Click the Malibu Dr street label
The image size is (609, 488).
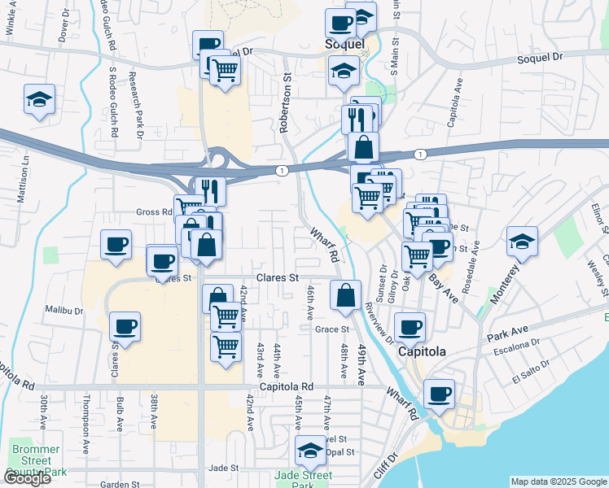tap(64, 311)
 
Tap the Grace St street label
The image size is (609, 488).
tap(332, 329)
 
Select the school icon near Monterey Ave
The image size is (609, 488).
tap(522, 242)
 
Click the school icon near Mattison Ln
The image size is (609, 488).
tap(39, 100)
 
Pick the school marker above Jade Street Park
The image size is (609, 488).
tap(310, 451)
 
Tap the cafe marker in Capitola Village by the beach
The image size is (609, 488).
tap(440, 394)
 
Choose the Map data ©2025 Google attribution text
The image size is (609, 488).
tap(558, 481)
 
